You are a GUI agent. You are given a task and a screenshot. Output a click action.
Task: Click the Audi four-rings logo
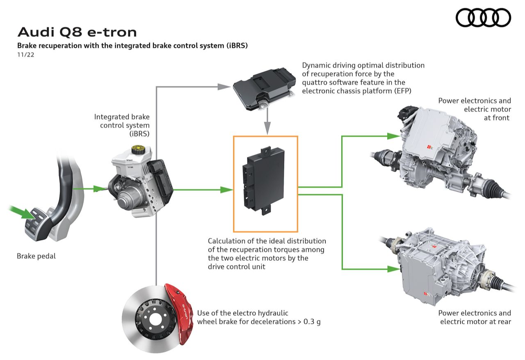(484, 18)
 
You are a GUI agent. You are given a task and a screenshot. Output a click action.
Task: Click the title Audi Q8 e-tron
(77, 32)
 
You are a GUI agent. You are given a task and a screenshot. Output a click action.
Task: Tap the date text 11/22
(25, 55)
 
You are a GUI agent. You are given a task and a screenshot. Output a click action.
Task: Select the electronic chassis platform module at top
(262, 89)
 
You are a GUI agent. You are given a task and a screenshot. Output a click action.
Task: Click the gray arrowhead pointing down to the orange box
(267, 130)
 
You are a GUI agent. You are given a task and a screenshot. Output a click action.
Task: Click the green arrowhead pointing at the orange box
(226, 190)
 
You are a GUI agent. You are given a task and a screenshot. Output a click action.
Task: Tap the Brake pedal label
(36, 256)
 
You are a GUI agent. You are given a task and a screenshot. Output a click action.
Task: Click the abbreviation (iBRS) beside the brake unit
(139, 134)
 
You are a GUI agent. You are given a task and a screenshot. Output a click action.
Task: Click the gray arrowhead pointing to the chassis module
(224, 86)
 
